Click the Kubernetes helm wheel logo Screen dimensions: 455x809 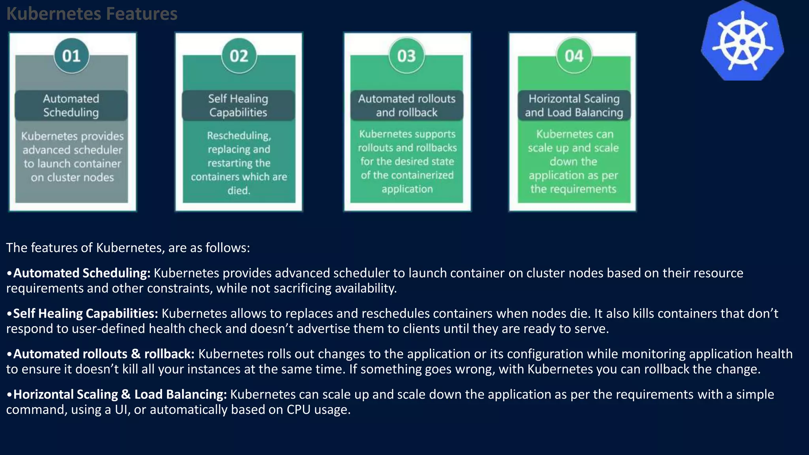pyautogui.click(x=742, y=42)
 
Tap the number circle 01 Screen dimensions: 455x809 pyautogui.click(x=71, y=56)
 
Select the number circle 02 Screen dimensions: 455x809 pyautogui.click(x=239, y=56)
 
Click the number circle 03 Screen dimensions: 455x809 pyautogui.click(x=406, y=56)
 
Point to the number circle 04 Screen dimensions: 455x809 pyautogui.click(x=574, y=56)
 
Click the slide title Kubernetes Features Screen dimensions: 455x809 pyautogui.click(x=92, y=14)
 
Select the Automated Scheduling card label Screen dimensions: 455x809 pyautogui.click(x=71, y=105)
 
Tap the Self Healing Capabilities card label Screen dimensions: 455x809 pyautogui.click(x=238, y=105)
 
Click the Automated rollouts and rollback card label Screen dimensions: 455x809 pyautogui.click(x=407, y=105)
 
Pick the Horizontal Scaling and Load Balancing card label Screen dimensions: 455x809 pyautogui.click(x=574, y=105)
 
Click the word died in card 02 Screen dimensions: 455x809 pyautogui.click(x=238, y=190)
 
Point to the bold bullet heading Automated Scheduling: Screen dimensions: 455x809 pyautogui.click(x=82, y=273)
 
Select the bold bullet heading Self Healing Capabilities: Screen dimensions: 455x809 pyautogui.click(x=85, y=314)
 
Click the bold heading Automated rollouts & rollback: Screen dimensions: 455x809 pyautogui.click(x=103, y=354)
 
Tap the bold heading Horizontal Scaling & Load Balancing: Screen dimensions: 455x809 pyautogui.click(x=120, y=394)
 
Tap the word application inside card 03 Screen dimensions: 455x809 pyautogui.click(x=407, y=189)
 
